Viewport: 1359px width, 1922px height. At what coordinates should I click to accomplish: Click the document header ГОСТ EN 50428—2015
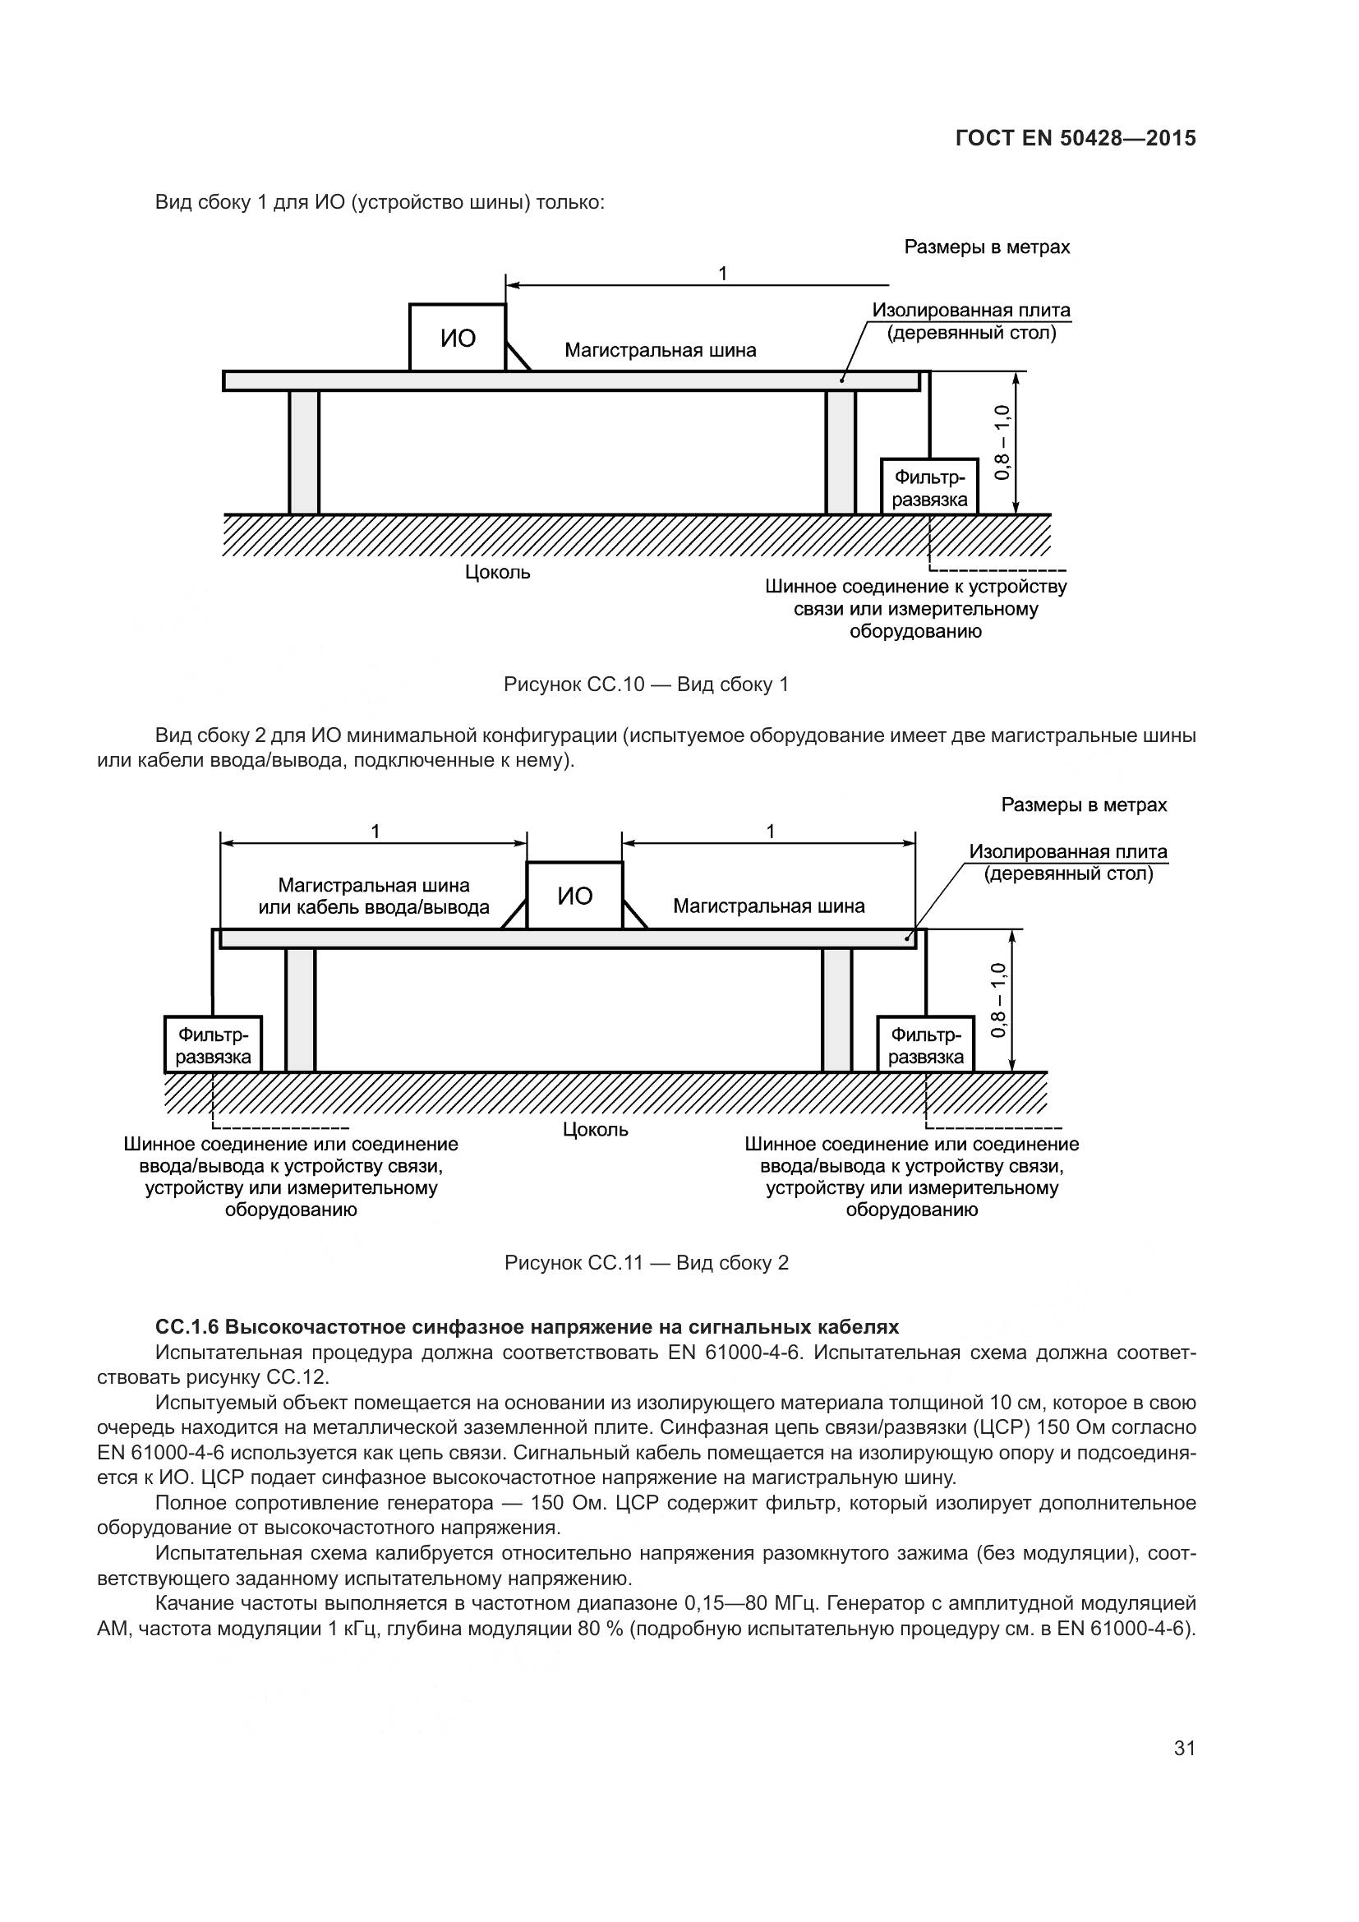point(1075,138)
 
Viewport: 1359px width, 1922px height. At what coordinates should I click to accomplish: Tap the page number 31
point(1184,1748)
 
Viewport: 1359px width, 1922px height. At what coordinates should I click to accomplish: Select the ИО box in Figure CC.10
point(457,338)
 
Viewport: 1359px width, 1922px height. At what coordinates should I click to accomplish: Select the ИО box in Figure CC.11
point(574,896)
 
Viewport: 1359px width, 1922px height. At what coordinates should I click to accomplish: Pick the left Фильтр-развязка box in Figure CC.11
point(213,1044)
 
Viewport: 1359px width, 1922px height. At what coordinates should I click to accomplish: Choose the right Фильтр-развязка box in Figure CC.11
point(925,1044)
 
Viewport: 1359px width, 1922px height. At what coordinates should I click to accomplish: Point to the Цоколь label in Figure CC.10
point(497,573)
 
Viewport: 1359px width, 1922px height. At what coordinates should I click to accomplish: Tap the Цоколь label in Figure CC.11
point(595,1129)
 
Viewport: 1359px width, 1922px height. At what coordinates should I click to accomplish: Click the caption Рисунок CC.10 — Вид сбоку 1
point(646,684)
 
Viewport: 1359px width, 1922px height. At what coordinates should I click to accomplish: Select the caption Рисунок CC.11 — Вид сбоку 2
point(646,1262)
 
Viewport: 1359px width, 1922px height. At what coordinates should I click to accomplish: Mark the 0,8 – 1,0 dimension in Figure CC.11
point(998,1000)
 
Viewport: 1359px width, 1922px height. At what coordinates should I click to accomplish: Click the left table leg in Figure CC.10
point(304,452)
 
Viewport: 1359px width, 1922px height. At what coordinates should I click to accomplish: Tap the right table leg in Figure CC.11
point(836,1010)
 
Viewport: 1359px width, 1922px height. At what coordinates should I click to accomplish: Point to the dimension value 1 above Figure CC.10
point(722,274)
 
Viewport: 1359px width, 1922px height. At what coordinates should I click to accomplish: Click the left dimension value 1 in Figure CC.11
point(375,832)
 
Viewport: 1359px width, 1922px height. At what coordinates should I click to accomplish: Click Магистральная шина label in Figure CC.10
point(661,350)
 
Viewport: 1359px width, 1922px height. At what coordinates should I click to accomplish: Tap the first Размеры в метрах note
point(987,247)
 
